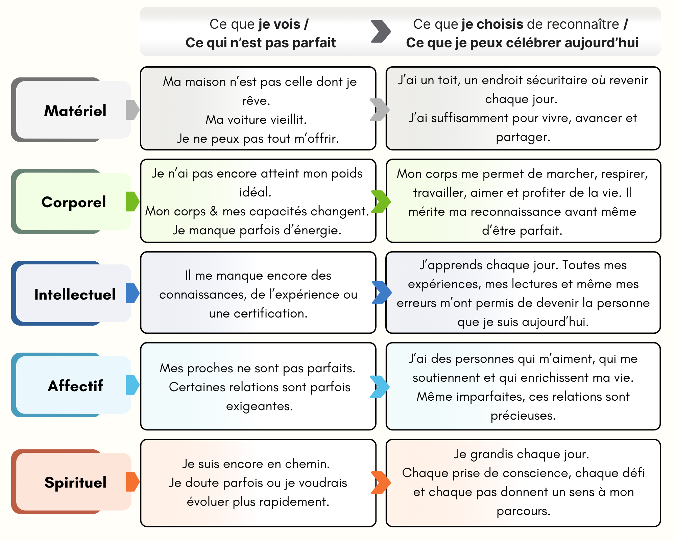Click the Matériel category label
point(75,111)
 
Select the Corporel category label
point(74,202)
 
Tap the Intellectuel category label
point(75,294)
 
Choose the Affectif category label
point(75,386)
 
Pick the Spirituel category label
point(75,483)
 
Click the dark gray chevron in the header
point(381,31)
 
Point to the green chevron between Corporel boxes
point(381,202)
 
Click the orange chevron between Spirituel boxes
point(381,483)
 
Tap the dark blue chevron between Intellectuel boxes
point(382,292)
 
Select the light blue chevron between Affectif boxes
point(380,386)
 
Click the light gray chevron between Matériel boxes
point(380,110)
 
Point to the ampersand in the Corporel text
point(214,211)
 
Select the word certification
point(258,313)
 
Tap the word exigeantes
point(259,406)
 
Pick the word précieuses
point(523,416)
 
